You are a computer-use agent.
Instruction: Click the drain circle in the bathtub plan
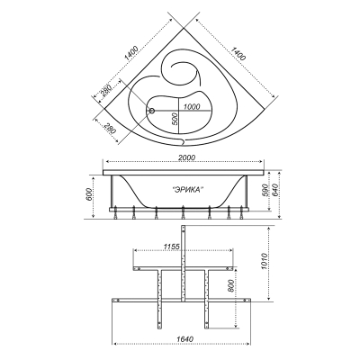pyautogui.click(x=151, y=111)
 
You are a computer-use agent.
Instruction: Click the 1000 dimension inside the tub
pyautogui.click(x=192, y=107)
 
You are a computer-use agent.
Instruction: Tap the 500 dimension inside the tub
pyautogui.click(x=175, y=120)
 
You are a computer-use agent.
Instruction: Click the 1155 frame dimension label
pyautogui.click(x=172, y=247)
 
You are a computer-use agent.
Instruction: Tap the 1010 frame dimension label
pyautogui.click(x=264, y=262)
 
